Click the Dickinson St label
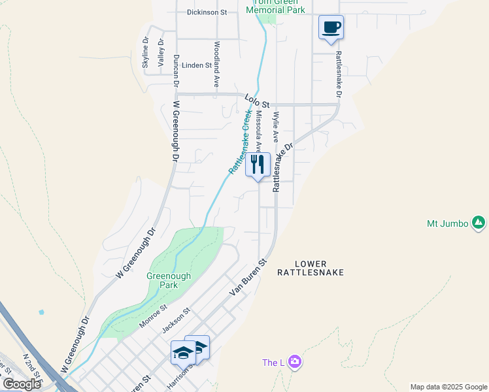[x=206, y=12]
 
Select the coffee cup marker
[x=331, y=27]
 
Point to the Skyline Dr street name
[x=146, y=50]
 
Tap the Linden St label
[x=197, y=65]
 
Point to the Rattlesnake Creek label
[x=241, y=141]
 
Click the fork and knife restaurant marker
[x=258, y=164]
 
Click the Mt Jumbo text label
[x=448, y=223]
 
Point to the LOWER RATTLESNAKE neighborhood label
[x=310, y=266]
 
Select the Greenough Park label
[x=169, y=280]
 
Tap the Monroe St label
[x=153, y=316]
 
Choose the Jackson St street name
[x=178, y=320]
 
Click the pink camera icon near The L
[x=295, y=361]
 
